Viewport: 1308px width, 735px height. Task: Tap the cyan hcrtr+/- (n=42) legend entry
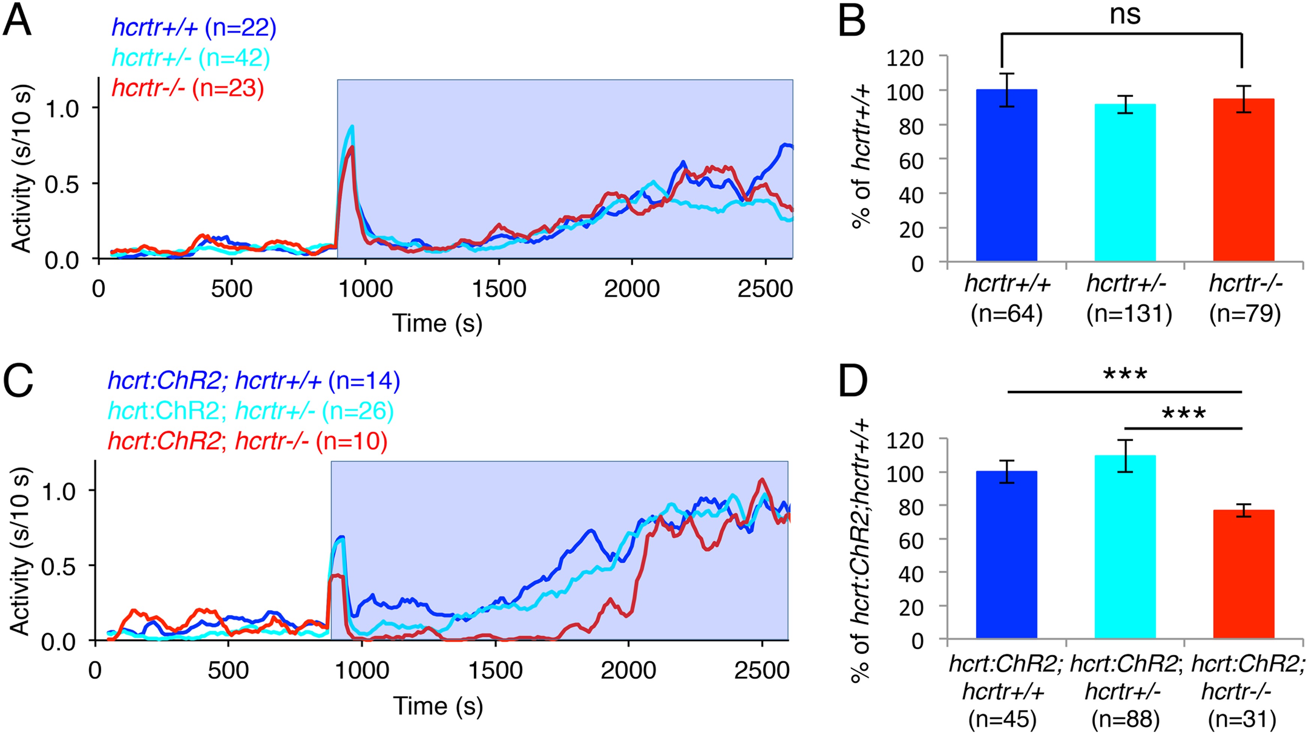pyautogui.click(x=191, y=58)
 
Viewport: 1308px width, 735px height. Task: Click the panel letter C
pyautogui.click(x=18, y=382)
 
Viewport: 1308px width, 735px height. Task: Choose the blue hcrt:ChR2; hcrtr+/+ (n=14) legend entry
pyautogui.click(x=254, y=381)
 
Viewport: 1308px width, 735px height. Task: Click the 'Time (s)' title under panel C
pyautogui.click(x=438, y=706)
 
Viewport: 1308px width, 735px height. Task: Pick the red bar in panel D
pyautogui.click(x=1243, y=574)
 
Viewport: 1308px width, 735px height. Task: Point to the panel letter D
pyautogui.click(x=853, y=382)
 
